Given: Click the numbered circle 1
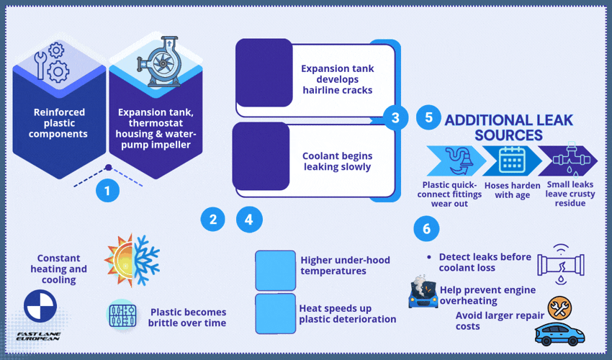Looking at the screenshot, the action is pos(107,191).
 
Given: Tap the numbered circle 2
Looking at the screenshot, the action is pos(212,219).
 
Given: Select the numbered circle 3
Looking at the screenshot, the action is pos(395,117).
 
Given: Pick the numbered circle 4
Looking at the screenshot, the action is pos(249,220).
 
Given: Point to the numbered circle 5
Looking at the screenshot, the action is pos(428,117).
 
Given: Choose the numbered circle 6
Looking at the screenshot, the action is pos(426,228).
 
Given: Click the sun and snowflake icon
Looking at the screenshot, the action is pos(132,261).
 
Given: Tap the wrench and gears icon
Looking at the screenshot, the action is pos(52,63).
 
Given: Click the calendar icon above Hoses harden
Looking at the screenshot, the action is pos(512,160).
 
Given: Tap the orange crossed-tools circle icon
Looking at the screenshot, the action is pos(559,308).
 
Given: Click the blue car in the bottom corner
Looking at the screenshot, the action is pos(559,334).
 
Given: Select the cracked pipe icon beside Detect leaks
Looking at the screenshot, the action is pos(561,264).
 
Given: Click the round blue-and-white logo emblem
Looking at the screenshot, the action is pos(40,306).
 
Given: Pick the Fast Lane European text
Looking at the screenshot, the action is pos(38,336).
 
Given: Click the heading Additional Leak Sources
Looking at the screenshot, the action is pos(508,127).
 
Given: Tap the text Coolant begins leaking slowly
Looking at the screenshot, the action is pos(337,161).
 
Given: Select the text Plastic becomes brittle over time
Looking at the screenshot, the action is pos(187,318).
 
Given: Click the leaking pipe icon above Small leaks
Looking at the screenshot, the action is pos(570,159).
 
